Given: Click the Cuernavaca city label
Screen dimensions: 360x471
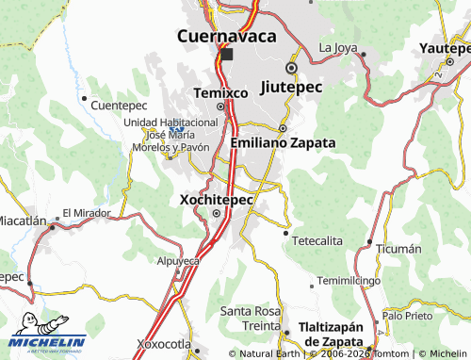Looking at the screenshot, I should click(227, 36).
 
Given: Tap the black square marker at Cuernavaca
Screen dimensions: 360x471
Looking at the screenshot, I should click(226, 55).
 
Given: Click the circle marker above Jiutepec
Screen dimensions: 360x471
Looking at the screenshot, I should click(292, 68).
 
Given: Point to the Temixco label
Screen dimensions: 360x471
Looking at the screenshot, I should click(220, 93).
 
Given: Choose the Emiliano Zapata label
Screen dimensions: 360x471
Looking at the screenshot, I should click(283, 142).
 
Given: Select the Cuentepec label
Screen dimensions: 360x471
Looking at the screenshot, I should click(122, 106).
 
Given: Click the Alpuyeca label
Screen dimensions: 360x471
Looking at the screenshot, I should click(179, 260).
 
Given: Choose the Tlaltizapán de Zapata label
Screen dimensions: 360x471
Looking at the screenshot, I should click(330, 334).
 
